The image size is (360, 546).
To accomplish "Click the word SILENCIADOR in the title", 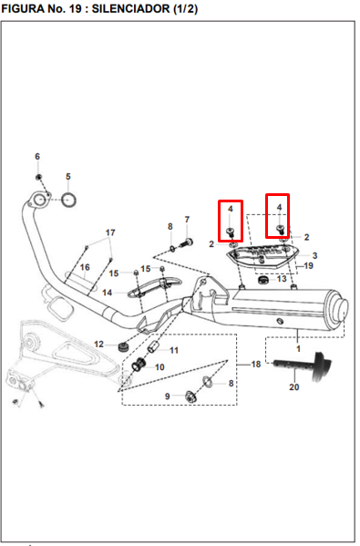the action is (x=131, y=9).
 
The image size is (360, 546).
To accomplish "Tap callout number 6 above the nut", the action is (x=37, y=157).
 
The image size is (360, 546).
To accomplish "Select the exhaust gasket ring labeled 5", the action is (x=68, y=201).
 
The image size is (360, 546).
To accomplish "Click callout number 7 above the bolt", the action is (x=187, y=220).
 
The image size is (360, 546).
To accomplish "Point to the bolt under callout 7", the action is (x=186, y=242).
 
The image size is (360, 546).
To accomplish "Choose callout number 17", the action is (x=110, y=232).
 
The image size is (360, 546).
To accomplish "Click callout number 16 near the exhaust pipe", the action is (x=85, y=267).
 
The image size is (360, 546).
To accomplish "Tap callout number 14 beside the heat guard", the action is (x=107, y=293).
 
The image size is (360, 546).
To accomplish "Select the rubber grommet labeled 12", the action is (x=123, y=346).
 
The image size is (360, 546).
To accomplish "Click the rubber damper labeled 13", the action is (x=262, y=280).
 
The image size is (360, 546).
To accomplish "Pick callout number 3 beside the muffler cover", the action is (x=314, y=255).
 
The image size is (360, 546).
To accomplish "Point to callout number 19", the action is (x=308, y=266).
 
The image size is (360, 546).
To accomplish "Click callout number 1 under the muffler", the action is (x=298, y=348).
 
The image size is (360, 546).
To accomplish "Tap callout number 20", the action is (x=294, y=386).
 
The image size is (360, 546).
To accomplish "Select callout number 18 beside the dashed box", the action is (x=256, y=365).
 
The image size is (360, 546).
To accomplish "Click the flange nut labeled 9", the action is (x=190, y=397).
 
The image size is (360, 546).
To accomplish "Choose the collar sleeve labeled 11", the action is (x=153, y=347).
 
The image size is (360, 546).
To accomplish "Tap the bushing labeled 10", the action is (x=139, y=365).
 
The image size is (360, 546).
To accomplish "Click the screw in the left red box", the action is (x=231, y=232).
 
